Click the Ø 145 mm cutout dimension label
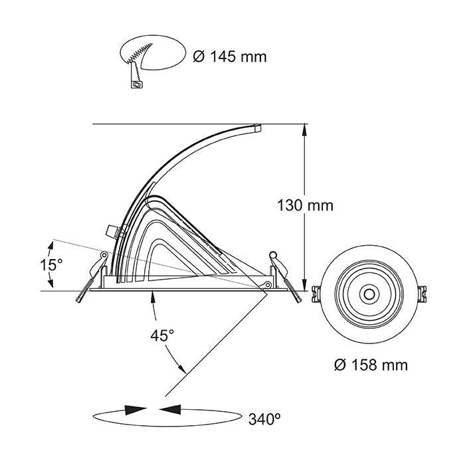tap(229, 56)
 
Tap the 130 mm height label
tap(305, 205)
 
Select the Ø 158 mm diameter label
tap(371, 365)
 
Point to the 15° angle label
tap(50, 264)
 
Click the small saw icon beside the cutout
tap(137, 84)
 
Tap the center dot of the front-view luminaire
tap(367, 292)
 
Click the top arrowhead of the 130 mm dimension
tap(305, 130)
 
